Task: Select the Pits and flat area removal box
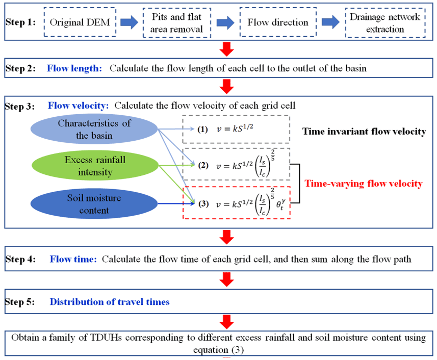click(176, 23)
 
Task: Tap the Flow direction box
click(278, 22)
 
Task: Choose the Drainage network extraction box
click(384, 23)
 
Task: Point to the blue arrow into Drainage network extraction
click(330, 22)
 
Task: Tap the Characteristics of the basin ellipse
click(94, 130)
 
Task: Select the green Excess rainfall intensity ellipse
click(95, 166)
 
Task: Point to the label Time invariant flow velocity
click(364, 132)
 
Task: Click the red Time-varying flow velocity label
click(364, 184)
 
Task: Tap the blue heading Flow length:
click(75, 68)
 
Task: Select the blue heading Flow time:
click(73, 259)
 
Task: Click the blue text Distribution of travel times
click(110, 302)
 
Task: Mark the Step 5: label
click(20, 302)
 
